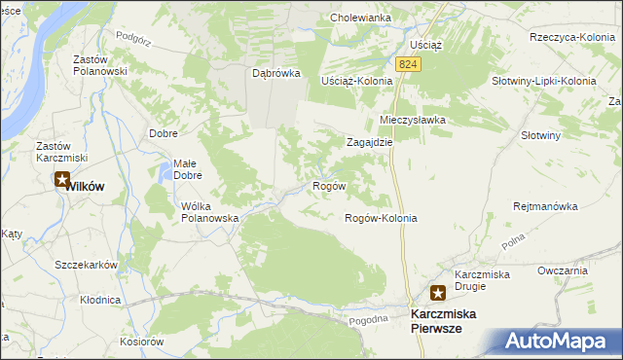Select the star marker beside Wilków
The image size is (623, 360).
pyautogui.click(x=62, y=180)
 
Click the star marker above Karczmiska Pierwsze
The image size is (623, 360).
pyautogui.click(x=438, y=293)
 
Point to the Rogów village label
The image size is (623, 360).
pyautogui.click(x=328, y=185)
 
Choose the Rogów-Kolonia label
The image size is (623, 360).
pyautogui.click(x=381, y=218)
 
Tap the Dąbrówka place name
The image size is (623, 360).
pyautogui.click(x=276, y=73)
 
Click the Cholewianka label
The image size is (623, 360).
pyautogui.click(x=360, y=18)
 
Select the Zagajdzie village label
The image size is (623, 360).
pyautogui.click(x=370, y=141)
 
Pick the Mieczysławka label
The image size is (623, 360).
pyautogui.click(x=412, y=120)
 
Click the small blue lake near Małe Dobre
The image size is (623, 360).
pyautogui.click(x=162, y=175)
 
